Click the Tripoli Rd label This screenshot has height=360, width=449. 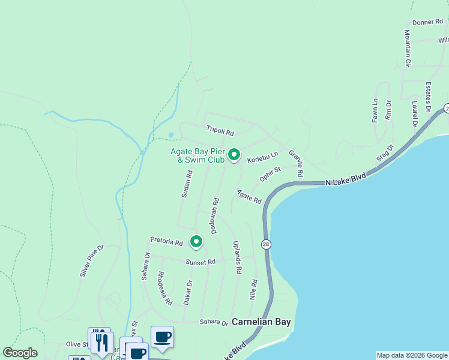click(x=220, y=129)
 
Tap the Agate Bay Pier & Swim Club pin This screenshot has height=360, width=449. click(x=234, y=155)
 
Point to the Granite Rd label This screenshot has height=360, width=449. click(x=295, y=163)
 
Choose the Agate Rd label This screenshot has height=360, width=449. click(x=249, y=196)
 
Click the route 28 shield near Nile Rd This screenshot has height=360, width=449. click(x=266, y=244)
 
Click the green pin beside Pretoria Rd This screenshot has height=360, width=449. click(x=196, y=241)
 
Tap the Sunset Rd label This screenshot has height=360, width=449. click(x=200, y=262)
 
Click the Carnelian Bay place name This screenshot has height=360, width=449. click(x=261, y=322)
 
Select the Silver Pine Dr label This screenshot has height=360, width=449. click(x=92, y=261)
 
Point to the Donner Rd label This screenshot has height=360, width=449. click(x=427, y=22)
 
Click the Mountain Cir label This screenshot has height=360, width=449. click(x=407, y=48)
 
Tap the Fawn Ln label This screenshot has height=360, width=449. click(x=375, y=111)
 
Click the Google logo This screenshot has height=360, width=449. click(x=20, y=353)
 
